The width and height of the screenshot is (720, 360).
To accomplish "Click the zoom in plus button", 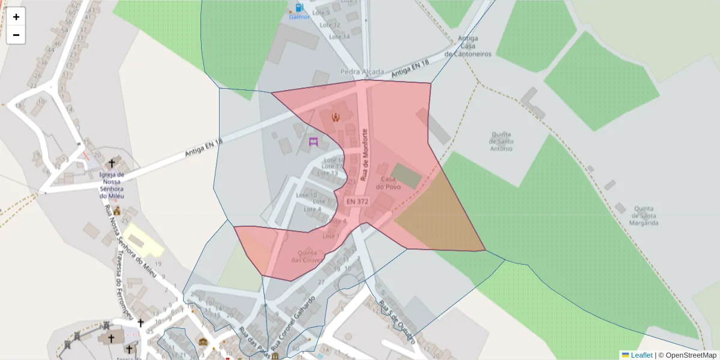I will [16, 17].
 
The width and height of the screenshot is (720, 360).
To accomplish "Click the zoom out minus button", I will [16, 35].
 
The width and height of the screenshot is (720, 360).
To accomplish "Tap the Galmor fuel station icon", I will [299, 8].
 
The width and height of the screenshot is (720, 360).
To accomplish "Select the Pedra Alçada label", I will [362, 72].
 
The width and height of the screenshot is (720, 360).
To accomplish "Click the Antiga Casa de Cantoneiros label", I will [468, 46].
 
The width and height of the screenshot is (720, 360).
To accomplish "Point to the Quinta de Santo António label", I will [502, 141].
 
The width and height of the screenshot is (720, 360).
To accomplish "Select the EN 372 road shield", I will [358, 202].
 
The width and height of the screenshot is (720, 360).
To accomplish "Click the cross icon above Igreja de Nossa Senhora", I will [112, 163].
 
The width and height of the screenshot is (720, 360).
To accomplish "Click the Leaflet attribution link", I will [641, 355].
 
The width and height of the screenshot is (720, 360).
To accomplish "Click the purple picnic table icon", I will [313, 142].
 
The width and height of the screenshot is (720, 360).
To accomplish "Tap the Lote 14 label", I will [339, 37].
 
